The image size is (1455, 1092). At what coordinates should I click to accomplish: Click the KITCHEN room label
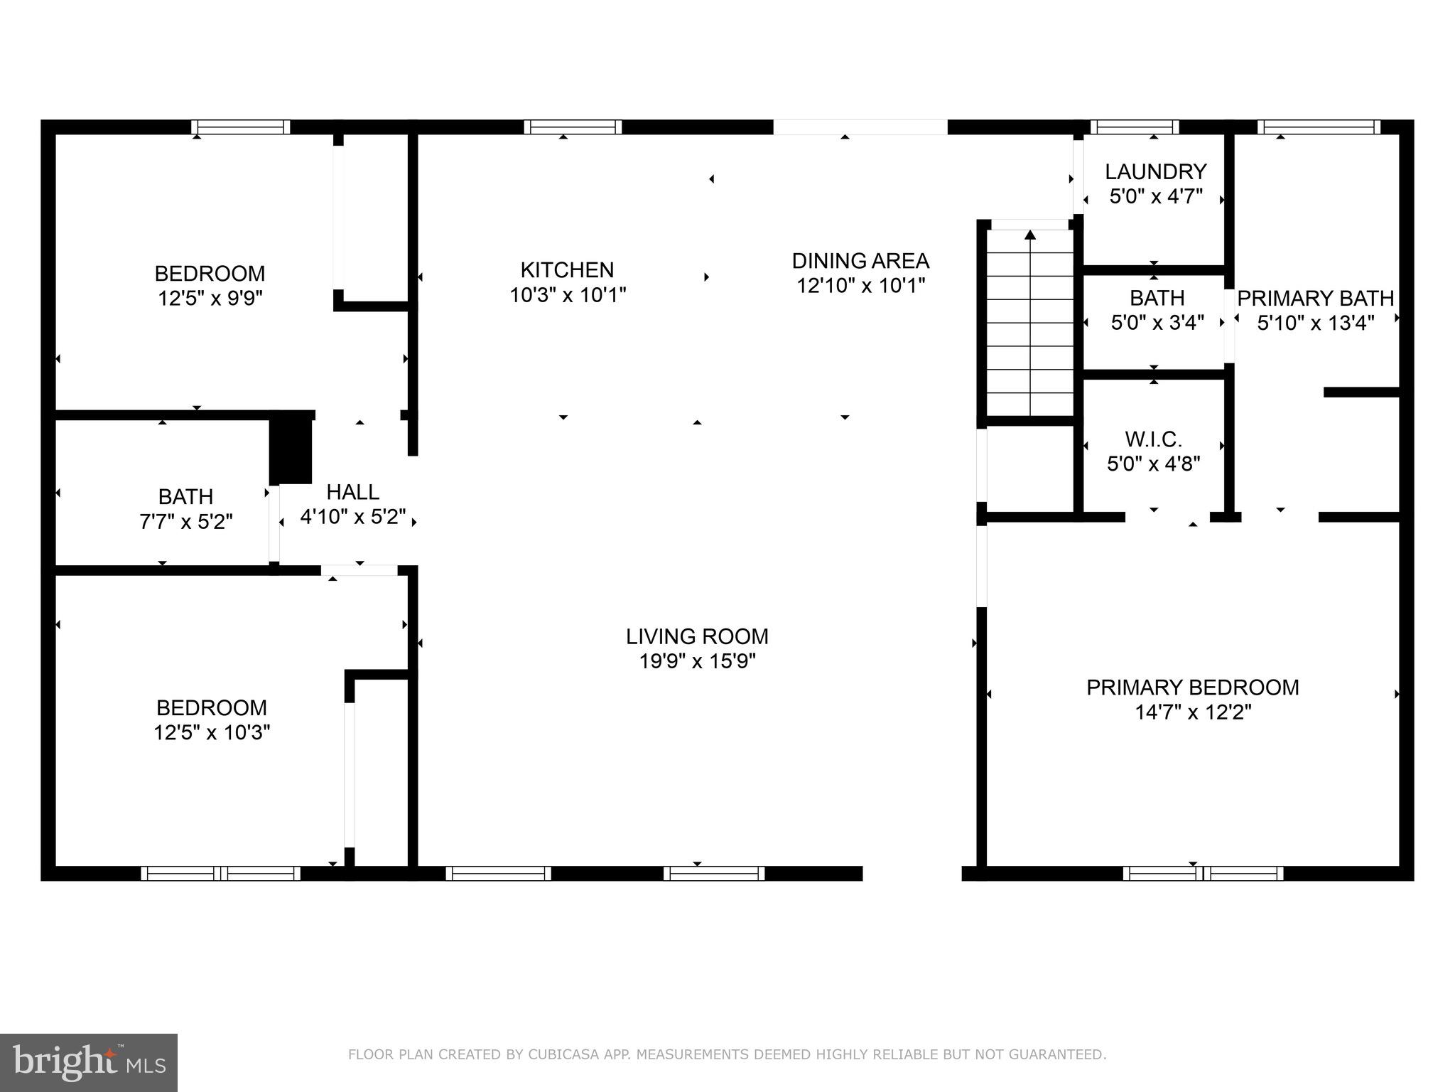click(x=567, y=270)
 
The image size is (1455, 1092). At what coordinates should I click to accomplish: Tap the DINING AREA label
click(x=860, y=261)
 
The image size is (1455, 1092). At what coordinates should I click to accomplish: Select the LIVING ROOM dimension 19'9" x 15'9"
click(x=697, y=661)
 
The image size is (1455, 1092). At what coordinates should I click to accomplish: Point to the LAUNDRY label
click(x=1155, y=171)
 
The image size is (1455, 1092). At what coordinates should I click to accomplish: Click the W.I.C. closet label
click(x=1153, y=439)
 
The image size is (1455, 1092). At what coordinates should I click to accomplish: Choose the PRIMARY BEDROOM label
click(x=1192, y=687)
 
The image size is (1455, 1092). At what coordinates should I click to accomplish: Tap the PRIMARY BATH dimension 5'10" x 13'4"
click(x=1315, y=323)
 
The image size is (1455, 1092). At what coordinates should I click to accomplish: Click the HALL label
click(x=352, y=492)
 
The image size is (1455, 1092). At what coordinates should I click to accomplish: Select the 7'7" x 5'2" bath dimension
click(x=185, y=522)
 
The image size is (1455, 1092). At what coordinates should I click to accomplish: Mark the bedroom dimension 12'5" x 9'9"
click(x=210, y=298)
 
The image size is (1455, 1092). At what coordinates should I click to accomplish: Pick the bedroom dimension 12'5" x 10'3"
click(x=212, y=732)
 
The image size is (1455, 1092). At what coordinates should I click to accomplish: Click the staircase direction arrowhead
click(x=1030, y=235)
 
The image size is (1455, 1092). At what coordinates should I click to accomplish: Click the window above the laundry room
click(x=1135, y=127)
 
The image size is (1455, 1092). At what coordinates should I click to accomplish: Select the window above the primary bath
click(x=1319, y=127)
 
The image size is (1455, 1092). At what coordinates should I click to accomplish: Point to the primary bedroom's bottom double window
click(x=1203, y=873)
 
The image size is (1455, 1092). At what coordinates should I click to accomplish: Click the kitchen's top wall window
click(x=573, y=127)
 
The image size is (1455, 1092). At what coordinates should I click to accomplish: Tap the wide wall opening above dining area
click(x=860, y=127)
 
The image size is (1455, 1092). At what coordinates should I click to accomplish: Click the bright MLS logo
click(x=89, y=1062)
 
